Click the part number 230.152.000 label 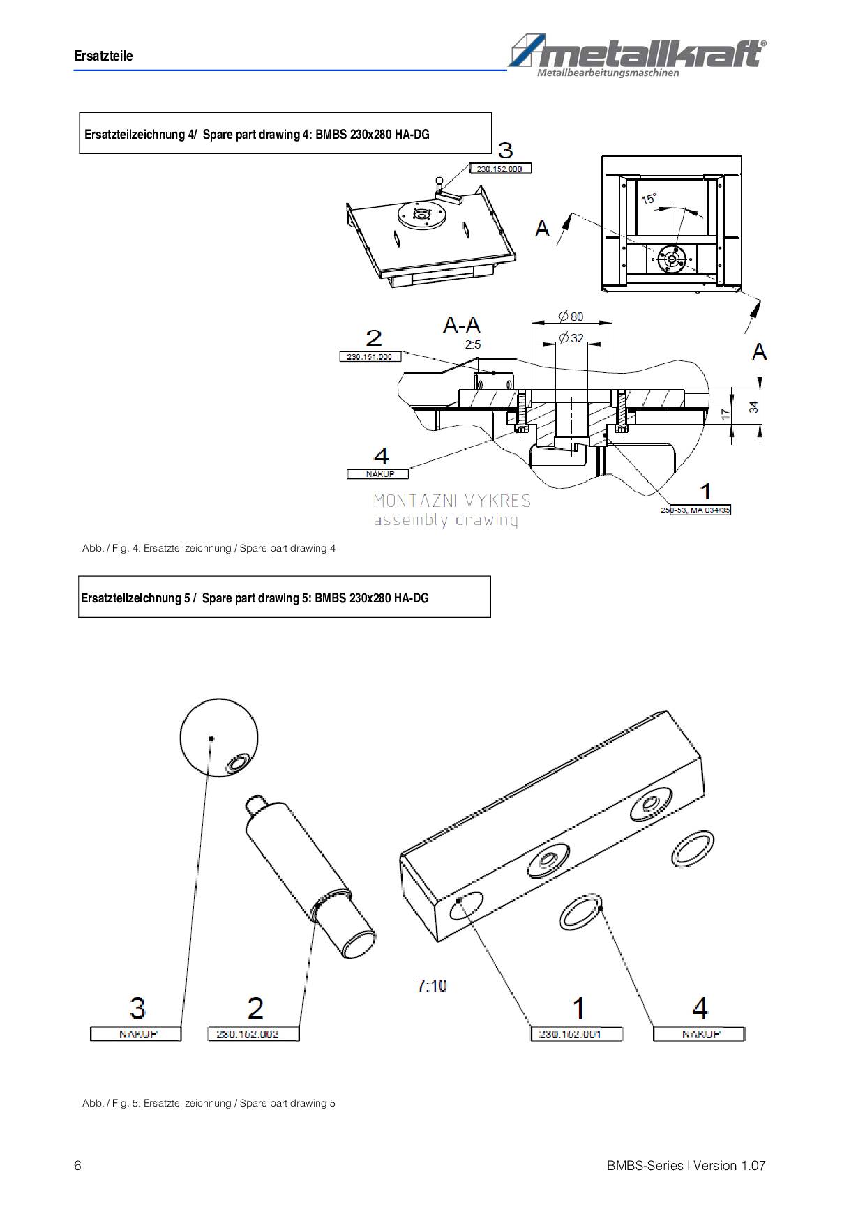click(500, 169)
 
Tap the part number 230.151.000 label click(370, 356)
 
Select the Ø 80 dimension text click(571, 317)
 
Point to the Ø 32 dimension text click(571, 338)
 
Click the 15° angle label click(649, 199)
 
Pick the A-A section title click(461, 324)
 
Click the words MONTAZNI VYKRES click(452, 501)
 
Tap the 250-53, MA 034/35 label click(695, 510)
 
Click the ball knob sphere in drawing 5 click(219, 738)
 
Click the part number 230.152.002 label click(253, 1033)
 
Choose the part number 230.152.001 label click(576, 1033)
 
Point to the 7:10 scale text click(432, 985)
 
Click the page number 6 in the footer click(77, 1166)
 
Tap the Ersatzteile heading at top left click(103, 56)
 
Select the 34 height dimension click(754, 407)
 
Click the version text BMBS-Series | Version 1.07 click(686, 1166)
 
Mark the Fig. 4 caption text click(209, 548)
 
